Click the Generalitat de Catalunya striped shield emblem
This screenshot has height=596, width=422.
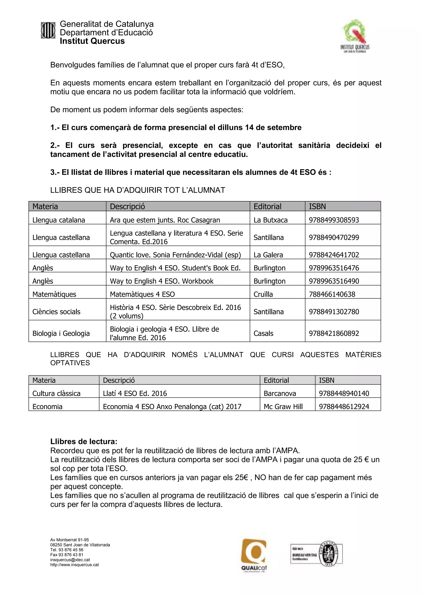click(48, 30)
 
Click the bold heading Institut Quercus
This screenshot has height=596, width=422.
click(92, 41)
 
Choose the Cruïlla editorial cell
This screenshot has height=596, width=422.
click(263, 294)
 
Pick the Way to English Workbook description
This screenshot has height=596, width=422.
click(161, 281)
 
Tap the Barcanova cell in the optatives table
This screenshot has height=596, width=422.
click(280, 393)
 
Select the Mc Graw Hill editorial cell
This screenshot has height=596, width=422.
click(283, 406)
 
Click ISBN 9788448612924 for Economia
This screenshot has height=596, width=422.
click(344, 406)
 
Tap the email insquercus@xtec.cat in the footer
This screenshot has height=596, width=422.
click(70, 560)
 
